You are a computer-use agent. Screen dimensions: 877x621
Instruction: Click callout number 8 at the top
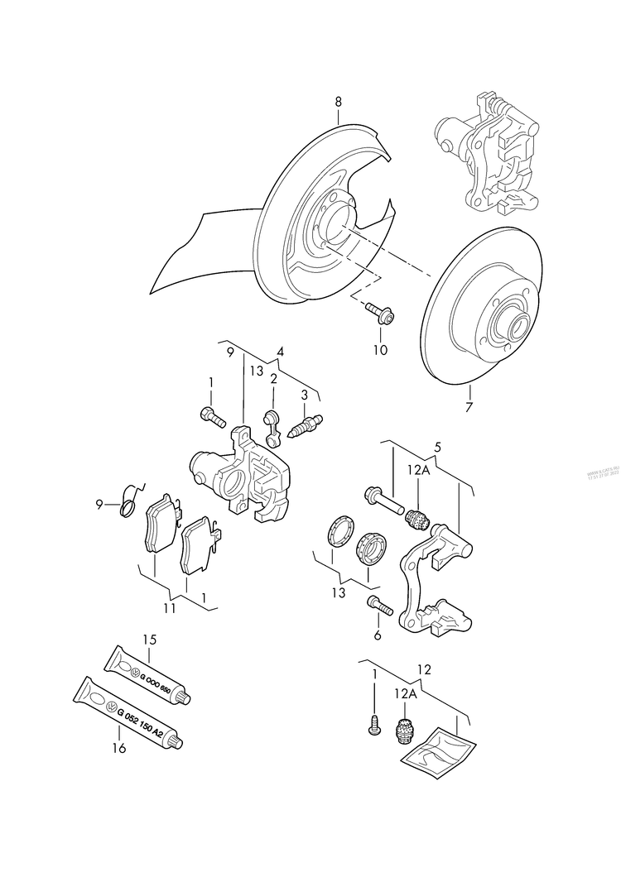point(338,102)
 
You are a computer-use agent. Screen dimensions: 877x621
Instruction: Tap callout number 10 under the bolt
point(380,350)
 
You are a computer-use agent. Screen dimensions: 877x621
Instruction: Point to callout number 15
point(149,640)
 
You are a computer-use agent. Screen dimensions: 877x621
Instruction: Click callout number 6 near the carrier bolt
point(377,635)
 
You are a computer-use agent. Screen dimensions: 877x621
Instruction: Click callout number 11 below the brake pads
point(169,610)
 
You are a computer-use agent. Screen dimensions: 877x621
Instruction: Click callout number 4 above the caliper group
point(281,352)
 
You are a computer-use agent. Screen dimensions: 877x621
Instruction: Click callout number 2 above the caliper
point(272,378)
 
